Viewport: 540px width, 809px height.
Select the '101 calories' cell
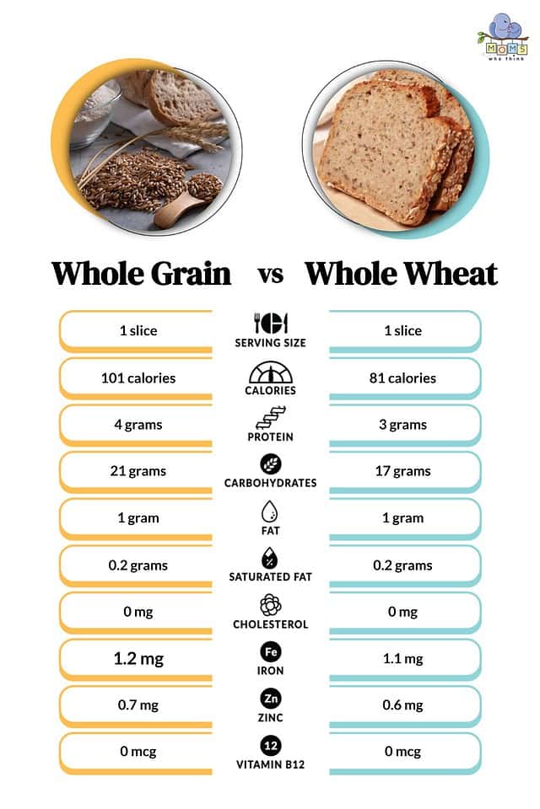pyautogui.click(x=138, y=378)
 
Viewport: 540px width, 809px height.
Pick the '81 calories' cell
pyautogui.click(x=402, y=378)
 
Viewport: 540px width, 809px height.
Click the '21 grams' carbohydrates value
pyautogui.click(x=138, y=471)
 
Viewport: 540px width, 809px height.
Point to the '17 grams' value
pyautogui.click(x=402, y=471)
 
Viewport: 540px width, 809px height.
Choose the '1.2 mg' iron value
pyautogui.click(x=138, y=658)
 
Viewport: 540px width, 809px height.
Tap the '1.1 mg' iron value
pyautogui.click(x=402, y=659)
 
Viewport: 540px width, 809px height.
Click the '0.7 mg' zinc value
pyautogui.click(x=138, y=705)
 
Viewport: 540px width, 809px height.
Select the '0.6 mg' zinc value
pyautogui.click(x=402, y=705)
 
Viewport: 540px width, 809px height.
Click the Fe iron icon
pyautogui.click(x=271, y=651)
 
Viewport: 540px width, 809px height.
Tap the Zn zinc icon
pyautogui.click(x=271, y=699)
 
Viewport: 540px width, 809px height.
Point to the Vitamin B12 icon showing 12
pyautogui.click(x=271, y=745)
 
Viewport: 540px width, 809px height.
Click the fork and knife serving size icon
pyautogui.click(x=271, y=324)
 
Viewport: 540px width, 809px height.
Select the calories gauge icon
pyautogui.click(x=271, y=372)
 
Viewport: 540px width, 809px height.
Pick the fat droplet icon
pyautogui.click(x=271, y=512)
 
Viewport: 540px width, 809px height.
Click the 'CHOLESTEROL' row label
pyautogui.click(x=271, y=624)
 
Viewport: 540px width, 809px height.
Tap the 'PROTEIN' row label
pyautogui.click(x=271, y=437)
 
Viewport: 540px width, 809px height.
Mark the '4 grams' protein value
pyautogui.click(x=138, y=425)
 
